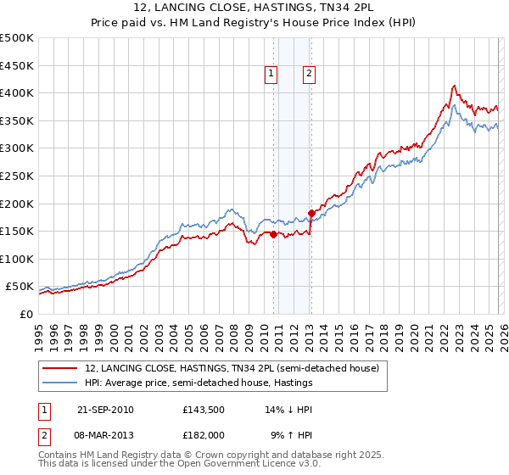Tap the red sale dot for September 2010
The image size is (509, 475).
click(x=273, y=235)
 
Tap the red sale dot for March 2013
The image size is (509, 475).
click(x=311, y=213)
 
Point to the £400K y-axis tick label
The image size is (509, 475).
click(x=17, y=92)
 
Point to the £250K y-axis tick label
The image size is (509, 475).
click(x=17, y=176)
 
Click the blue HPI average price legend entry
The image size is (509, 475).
click(x=199, y=383)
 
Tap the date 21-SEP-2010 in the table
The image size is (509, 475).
click(x=103, y=409)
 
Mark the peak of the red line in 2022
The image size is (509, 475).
click(x=455, y=85)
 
